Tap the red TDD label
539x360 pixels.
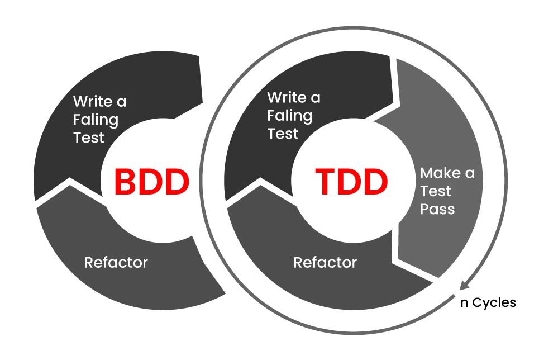click(351, 182)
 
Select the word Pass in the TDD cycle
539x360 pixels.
click(437, 209)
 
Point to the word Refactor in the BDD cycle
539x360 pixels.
click(116, 262)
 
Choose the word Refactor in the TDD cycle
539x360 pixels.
click(325, 262)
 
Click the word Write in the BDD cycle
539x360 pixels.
click(93, 102)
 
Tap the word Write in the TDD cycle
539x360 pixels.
click(287, 98)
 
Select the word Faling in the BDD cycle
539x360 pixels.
click(96, 120)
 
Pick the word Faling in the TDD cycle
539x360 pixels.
click(289, 116)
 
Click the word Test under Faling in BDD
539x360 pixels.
click(88, 138)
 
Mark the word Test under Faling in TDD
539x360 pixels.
click(283, 134)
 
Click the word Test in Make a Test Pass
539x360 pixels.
click(436, 191)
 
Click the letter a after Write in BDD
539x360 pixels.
click(121, 102)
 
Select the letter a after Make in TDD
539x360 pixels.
click(470, 174)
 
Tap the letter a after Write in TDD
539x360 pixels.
click(316, 98)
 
